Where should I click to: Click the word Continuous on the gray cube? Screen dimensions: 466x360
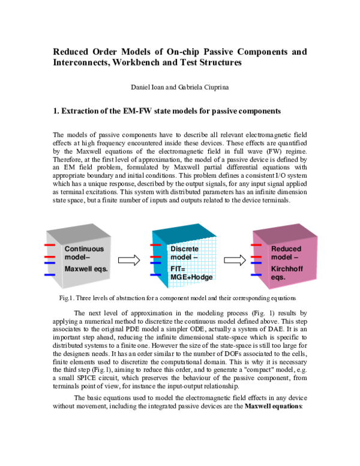(x=84, y=249)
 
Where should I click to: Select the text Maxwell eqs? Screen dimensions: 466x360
(x=86, y=269)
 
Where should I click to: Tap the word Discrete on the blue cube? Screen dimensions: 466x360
(x=184, y=249)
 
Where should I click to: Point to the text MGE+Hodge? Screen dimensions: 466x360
(x=191, y=277)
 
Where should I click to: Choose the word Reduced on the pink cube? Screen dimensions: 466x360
(x=286, y=249)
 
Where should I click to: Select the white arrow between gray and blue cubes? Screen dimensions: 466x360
(x=128, y=260)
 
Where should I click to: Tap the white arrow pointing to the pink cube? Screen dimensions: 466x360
(x=235, y=260)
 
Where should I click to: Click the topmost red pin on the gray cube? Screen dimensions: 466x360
(x=50, y=245)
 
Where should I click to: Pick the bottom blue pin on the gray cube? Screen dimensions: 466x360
(x=50, y=275)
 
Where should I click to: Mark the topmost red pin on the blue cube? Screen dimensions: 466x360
(x=155, y=245)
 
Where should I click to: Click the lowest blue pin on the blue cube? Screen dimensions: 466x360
(x=155, y=275)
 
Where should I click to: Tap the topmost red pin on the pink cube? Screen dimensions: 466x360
(x=256, y=245)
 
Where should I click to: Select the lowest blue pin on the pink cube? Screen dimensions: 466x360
(x=256, y=275)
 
